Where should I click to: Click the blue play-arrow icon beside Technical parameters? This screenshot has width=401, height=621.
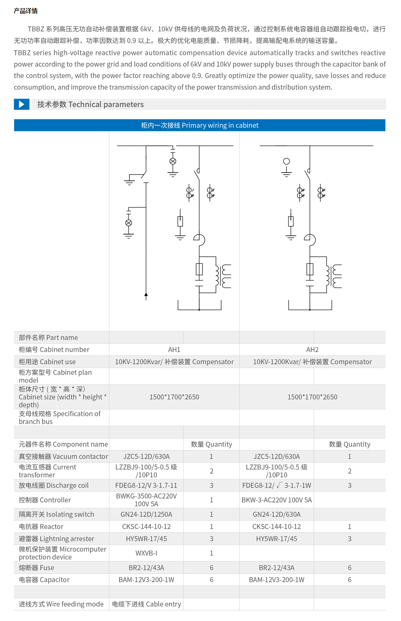[22, 104]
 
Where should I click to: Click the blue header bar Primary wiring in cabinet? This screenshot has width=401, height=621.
[200, 125]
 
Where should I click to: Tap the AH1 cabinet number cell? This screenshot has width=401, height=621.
[174, 350]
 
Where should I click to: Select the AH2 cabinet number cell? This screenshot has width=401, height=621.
[312, 350]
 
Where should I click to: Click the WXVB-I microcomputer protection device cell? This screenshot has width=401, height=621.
[146, 553]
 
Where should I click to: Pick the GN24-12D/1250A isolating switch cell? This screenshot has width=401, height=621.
[146, 515]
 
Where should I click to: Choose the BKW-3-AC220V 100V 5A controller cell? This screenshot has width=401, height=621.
[277, 500]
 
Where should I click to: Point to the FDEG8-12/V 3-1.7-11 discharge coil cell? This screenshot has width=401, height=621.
[146, 486]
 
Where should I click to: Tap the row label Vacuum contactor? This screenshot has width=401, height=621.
[63, 457]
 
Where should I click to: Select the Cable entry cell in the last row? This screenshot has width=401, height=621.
[146, 604]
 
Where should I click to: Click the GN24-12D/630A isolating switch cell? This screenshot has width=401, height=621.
[277, 515]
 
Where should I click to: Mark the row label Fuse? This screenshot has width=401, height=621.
[36, 568]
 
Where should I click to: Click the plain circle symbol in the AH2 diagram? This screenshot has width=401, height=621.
[286, 161]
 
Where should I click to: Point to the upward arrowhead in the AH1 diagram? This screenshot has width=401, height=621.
[146, 295]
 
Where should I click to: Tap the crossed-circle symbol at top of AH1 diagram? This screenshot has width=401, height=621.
[173, 161]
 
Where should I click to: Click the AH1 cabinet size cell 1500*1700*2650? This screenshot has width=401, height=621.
[174, 397]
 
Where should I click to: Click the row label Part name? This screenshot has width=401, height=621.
[48, 338]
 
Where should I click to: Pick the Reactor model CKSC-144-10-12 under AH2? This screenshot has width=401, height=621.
[277, 527]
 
